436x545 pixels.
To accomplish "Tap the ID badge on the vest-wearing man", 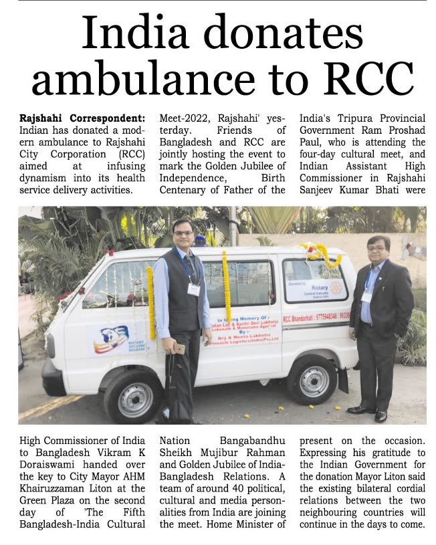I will pos(193,290).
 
